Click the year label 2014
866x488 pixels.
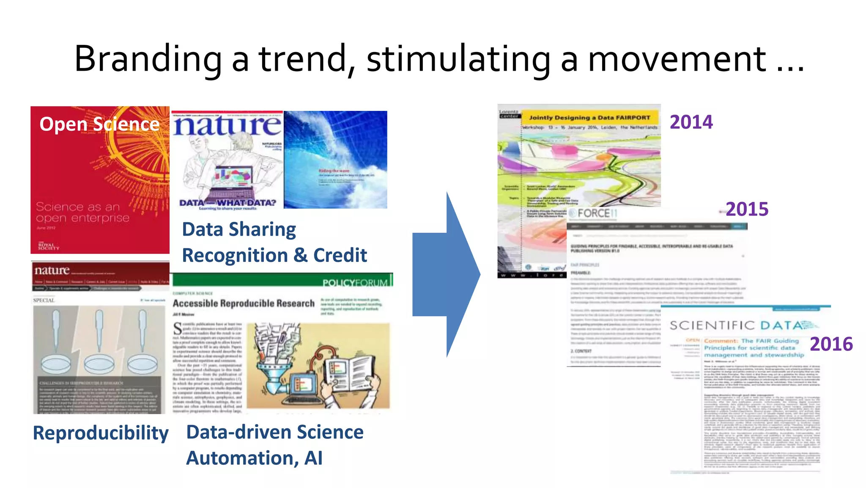point(691,122)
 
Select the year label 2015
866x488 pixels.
point(747,209)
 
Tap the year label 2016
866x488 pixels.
point(831,344)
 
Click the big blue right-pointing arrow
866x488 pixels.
point(446,274)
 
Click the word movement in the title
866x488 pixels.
point(677,59)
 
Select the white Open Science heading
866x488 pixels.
point(99,124)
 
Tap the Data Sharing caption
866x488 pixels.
point(239,229)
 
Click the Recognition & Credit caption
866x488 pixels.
point(274,255)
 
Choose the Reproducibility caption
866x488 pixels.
point(101,433)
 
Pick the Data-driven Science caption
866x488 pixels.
point(275,432)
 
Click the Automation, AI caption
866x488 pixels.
point(254,458)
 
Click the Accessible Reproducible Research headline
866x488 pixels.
point(244,303)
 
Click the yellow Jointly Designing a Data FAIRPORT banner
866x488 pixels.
point(589,118)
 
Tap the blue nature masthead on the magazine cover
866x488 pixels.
point(227,125)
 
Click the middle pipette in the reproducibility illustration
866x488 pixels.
point(99,334)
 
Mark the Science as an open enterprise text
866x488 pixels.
point(82,212)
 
